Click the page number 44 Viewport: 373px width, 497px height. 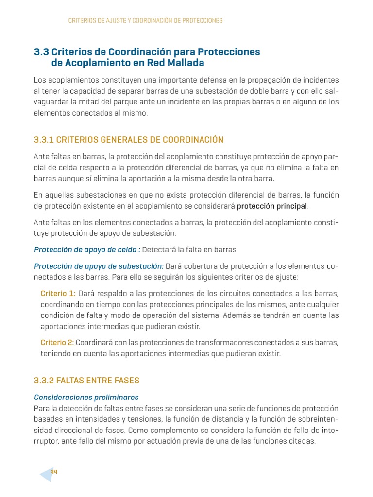click(x=54, y=471)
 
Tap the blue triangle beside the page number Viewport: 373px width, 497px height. click(x=46, y=474)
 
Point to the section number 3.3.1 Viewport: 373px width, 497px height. click(x=44, y=140)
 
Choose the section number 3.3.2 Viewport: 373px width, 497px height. click(x=44, y=380)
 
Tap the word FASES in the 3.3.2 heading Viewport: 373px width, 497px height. click(x=126, y=380)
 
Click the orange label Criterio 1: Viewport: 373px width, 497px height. click(x=58, y=294)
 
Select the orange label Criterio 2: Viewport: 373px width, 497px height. click(x=57, y=342)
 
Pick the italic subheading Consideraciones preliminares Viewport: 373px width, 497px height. click(x=86, y=397)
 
